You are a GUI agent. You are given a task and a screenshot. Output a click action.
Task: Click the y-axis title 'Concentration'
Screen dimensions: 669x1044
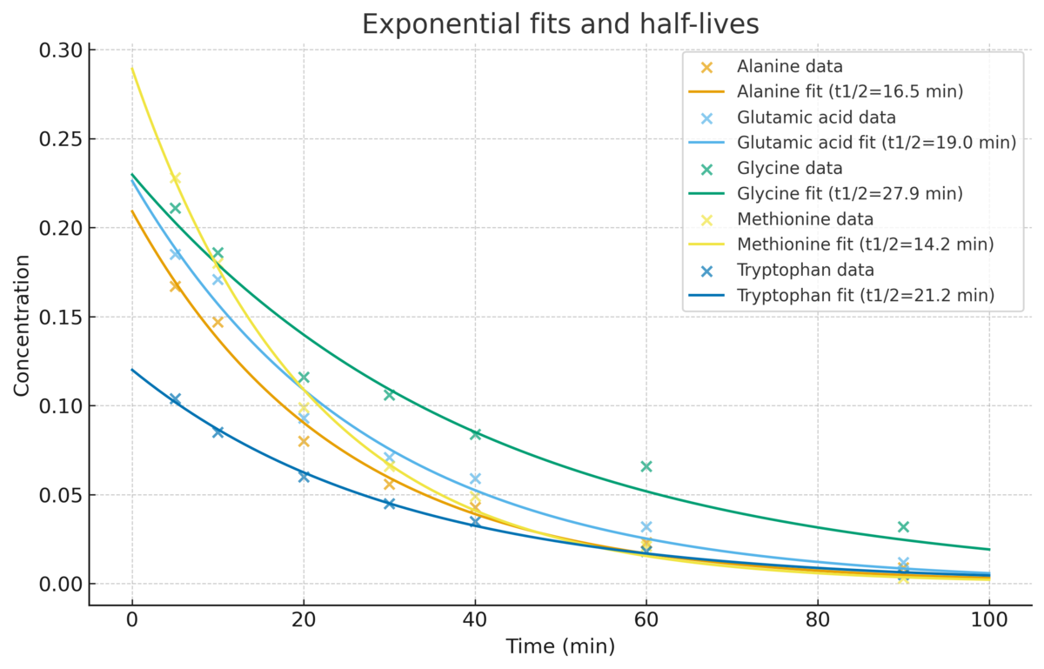click(x=22, y=325)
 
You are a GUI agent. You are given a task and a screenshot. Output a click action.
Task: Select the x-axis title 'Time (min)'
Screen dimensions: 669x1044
click(x=560, y=646)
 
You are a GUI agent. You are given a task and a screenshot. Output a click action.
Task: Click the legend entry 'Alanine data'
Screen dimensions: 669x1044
click(x=789, y=67)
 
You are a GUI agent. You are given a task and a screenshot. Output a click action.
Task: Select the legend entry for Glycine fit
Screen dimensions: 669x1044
click(x=849, y=193)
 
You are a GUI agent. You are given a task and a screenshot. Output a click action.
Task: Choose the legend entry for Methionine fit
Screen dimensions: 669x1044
click(x=865, y=244)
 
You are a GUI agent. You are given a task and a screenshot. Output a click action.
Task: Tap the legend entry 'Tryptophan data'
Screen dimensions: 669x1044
click(x=805, y=270)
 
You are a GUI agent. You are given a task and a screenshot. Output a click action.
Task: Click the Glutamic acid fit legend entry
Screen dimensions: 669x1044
click(x=876, y=143)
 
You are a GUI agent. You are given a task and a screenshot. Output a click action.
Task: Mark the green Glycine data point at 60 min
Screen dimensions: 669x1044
click(x=646, y=466)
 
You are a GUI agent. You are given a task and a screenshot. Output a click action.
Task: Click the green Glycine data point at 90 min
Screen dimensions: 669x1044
click(x=903, y=527)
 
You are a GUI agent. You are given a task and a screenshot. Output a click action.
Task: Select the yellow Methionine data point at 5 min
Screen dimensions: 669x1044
click(x=175, y=178)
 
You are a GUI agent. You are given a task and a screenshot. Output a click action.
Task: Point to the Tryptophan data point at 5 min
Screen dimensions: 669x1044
click(x=175, y=399)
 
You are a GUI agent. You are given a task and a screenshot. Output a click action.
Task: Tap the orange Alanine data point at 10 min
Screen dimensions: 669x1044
click(x=217, y=322)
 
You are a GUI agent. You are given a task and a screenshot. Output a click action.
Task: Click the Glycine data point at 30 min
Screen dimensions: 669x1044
click(x=389, y=395)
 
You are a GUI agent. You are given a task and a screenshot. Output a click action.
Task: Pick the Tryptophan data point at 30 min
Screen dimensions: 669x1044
click(x=389, y=504)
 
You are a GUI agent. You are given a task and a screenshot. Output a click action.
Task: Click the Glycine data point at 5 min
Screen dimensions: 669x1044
click(x=175, y=208)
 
